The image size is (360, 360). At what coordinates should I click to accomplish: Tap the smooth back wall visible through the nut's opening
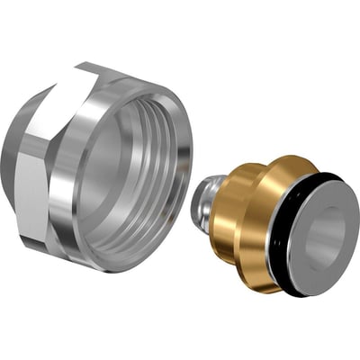(126, 180)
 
